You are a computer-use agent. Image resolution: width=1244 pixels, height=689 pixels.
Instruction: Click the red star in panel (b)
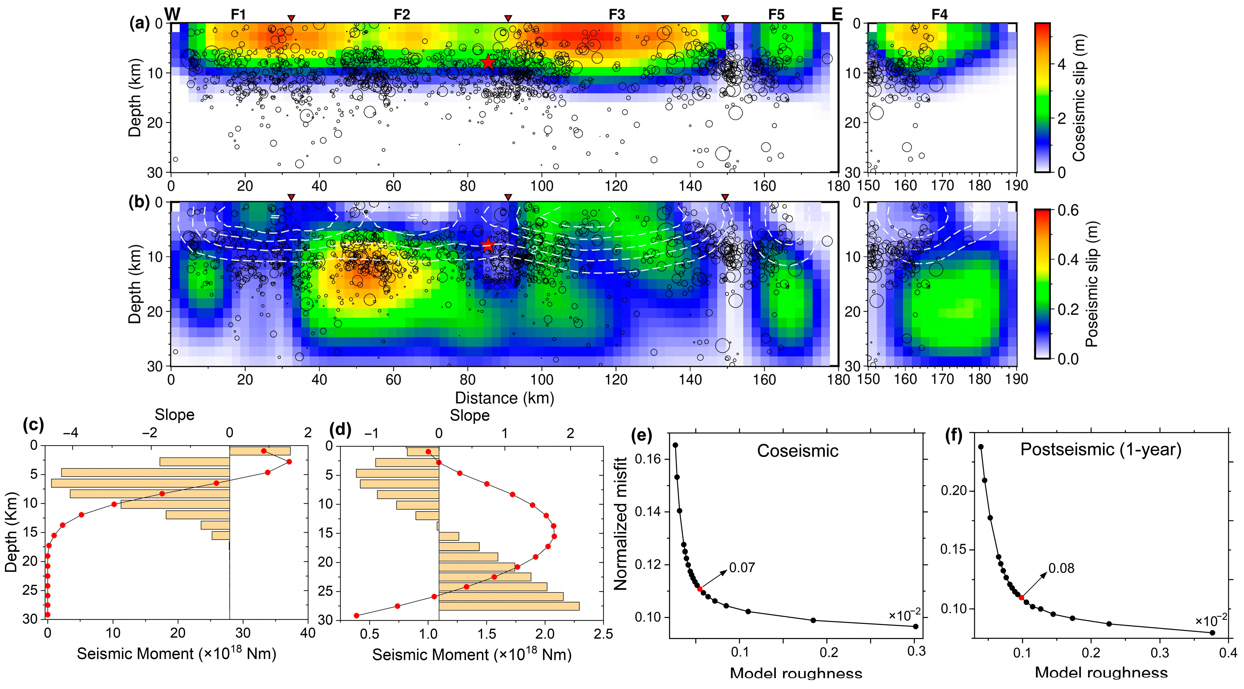click(488, 245)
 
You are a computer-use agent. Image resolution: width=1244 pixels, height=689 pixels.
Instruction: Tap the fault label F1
click(238, 15)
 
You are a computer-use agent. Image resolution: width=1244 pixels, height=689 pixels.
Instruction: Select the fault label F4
click(939, 15)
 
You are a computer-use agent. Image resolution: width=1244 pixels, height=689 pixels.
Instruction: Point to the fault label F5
click(776, 15)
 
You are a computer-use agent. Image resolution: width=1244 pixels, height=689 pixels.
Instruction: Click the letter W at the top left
click(172, 15)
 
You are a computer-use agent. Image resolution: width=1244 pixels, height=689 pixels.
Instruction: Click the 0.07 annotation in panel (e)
click(742, 568)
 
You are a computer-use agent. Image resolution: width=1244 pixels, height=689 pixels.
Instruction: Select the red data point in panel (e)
click(700, 589)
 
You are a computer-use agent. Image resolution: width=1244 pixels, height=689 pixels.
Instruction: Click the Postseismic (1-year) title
click(1100, 450)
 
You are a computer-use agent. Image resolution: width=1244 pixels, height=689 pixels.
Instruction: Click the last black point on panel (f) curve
click(1212, 632)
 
